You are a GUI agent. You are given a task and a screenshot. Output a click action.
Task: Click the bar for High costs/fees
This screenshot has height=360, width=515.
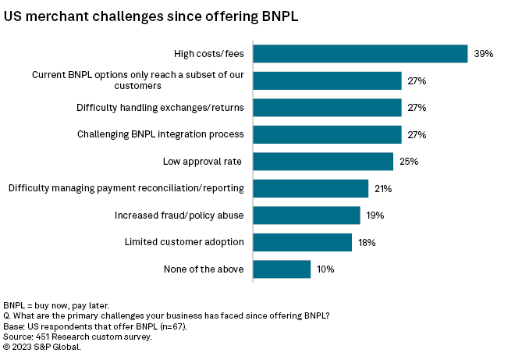click(360, 53)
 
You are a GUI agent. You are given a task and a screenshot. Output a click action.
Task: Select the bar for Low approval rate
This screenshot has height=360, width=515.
click(323, 162)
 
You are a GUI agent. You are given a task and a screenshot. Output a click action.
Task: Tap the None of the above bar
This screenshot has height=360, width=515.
click(282, 269)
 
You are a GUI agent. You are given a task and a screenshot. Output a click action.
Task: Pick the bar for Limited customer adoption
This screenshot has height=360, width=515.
click(303, 242)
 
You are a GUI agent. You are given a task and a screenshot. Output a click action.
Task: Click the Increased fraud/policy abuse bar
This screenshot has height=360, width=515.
click(307, 216)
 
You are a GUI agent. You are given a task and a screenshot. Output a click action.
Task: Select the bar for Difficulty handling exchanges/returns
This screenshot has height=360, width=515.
click(327, 107)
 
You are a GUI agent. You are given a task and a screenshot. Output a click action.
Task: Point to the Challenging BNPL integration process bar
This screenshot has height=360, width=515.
click(327, 134)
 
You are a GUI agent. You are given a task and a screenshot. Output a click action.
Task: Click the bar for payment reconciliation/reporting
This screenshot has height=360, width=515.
click(311, 188)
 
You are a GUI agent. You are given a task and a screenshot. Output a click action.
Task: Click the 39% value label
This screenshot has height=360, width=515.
click(483, 53)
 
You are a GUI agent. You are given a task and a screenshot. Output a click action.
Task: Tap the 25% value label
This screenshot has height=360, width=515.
click(409, 162)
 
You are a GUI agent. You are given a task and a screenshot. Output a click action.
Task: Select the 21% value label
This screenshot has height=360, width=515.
click(383, 188)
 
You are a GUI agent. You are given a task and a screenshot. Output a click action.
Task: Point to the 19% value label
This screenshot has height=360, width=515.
click(375, 216)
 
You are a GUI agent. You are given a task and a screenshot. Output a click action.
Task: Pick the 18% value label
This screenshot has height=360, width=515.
click(367, 242)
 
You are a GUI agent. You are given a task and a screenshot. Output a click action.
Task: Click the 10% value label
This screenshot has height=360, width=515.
click(325, 269)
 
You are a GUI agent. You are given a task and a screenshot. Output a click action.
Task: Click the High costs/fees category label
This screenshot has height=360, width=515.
click(208, 53)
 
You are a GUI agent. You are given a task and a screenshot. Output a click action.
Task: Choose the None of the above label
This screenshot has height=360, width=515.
click(204, 269)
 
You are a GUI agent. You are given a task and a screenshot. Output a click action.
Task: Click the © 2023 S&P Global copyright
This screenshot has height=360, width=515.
click(42, 346)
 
